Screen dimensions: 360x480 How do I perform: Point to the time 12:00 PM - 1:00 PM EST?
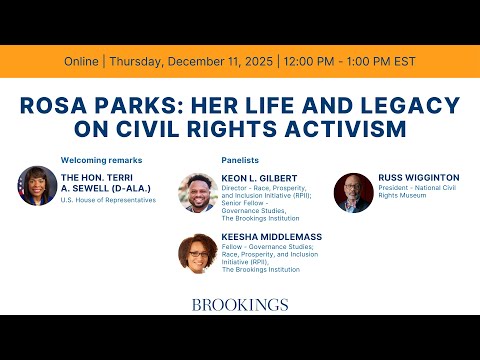(x=338, y=60)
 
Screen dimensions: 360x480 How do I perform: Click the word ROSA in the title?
(x=57, y=105)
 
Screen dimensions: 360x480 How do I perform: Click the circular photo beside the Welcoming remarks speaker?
(x=37, y=186)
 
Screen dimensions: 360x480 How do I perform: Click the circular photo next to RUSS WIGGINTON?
(x=353, y=192)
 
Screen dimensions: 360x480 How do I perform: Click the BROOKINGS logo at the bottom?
(x=239, y=305)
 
